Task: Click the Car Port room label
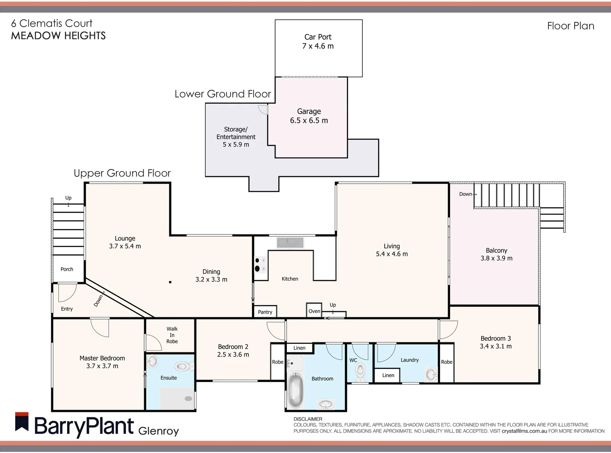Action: (318, 37)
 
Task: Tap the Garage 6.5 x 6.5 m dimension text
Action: (309, 120)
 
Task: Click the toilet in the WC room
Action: (360, 371)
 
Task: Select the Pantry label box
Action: (265, 312)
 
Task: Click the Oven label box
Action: (314, 311)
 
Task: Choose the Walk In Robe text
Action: (172, 335)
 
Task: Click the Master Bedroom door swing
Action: (100, 327)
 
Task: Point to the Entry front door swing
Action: (67, 292)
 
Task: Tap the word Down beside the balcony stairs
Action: (466, 194)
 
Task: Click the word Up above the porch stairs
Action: (68, 198)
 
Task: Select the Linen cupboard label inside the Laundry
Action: (388, 375)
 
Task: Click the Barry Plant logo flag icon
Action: (22, 422)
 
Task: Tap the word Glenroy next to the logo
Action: (159, 431)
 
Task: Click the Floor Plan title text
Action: (570, 26)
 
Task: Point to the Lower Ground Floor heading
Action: (223, 94)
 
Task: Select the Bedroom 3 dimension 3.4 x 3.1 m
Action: (496, 346)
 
